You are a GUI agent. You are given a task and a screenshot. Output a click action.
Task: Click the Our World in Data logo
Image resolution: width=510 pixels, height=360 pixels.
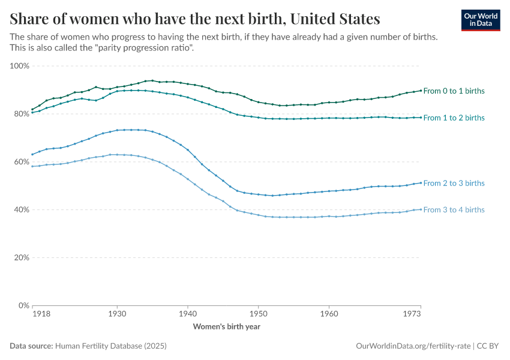point(481,20)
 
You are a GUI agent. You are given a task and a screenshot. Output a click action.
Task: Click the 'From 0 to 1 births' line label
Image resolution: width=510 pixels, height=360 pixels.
point(454,91)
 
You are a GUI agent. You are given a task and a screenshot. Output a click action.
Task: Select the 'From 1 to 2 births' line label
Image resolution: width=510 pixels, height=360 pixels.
point(454,118)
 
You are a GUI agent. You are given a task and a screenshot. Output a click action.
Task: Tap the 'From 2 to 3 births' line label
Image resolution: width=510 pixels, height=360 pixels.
point(454,183)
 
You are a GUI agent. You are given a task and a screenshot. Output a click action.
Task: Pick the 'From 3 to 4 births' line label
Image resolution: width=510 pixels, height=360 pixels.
point(454,209)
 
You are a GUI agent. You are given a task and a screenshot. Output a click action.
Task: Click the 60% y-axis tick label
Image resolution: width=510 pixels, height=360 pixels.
point(22,161)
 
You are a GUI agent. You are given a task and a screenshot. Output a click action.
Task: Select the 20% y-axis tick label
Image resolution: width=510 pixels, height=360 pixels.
point(22,257)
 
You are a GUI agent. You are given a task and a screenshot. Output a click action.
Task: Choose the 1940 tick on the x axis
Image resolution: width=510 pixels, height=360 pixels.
point(188,314)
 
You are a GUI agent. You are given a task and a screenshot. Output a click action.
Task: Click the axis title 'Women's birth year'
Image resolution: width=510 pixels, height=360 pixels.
point(226,326)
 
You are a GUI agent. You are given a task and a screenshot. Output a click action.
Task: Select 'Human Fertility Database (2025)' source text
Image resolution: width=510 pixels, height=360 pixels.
point(110,346)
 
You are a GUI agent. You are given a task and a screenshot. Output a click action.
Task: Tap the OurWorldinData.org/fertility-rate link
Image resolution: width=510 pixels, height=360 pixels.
point(413,346)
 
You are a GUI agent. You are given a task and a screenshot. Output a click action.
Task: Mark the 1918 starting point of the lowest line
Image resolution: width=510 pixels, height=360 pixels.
point(32,166)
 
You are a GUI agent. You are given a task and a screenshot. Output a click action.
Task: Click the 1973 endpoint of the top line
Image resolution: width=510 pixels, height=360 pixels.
point(421,90)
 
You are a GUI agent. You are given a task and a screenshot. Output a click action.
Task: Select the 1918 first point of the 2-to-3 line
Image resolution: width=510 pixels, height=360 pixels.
point(32,154)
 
